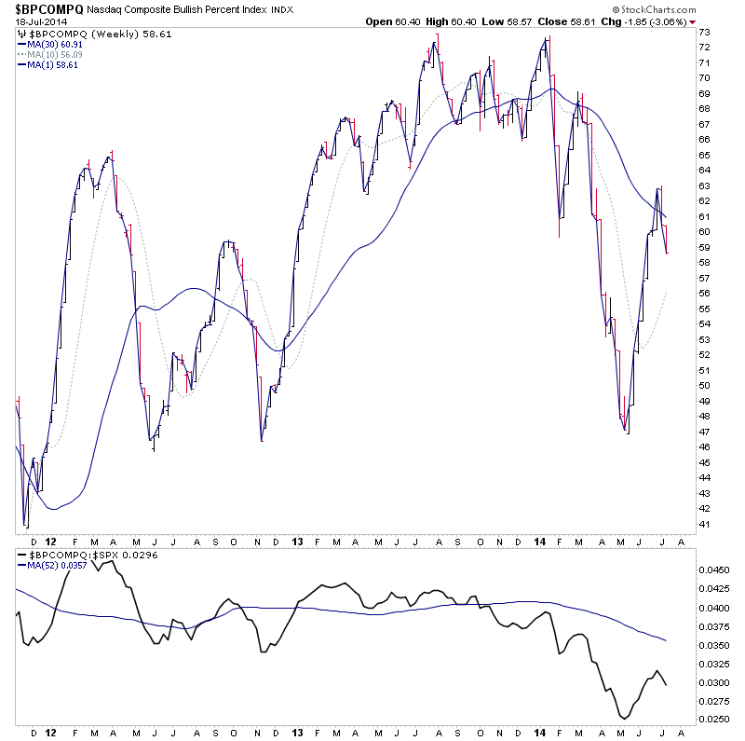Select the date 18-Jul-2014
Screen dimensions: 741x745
[36, 21]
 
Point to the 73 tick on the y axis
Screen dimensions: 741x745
[705, 33]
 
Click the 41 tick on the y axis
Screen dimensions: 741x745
[705, 524]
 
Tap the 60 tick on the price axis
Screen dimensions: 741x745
[705, 232]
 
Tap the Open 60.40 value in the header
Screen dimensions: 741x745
[392, 21]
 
